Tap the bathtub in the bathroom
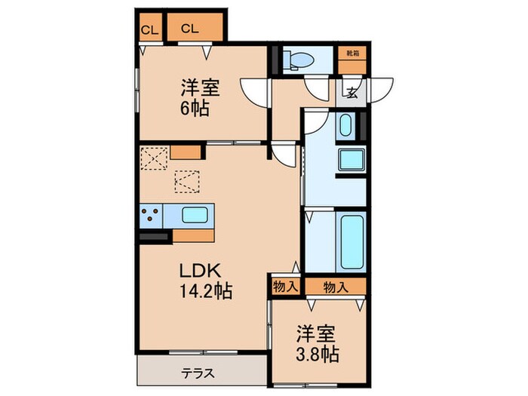351,243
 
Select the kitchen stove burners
150,214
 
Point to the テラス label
198,373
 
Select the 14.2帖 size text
204,291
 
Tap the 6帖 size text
195,109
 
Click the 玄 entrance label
352,93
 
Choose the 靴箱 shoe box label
351,53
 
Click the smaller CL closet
149,29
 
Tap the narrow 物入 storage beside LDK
285,286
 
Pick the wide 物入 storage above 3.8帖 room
335,286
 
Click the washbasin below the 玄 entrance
345,124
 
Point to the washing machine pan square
351,160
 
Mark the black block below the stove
153,237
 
